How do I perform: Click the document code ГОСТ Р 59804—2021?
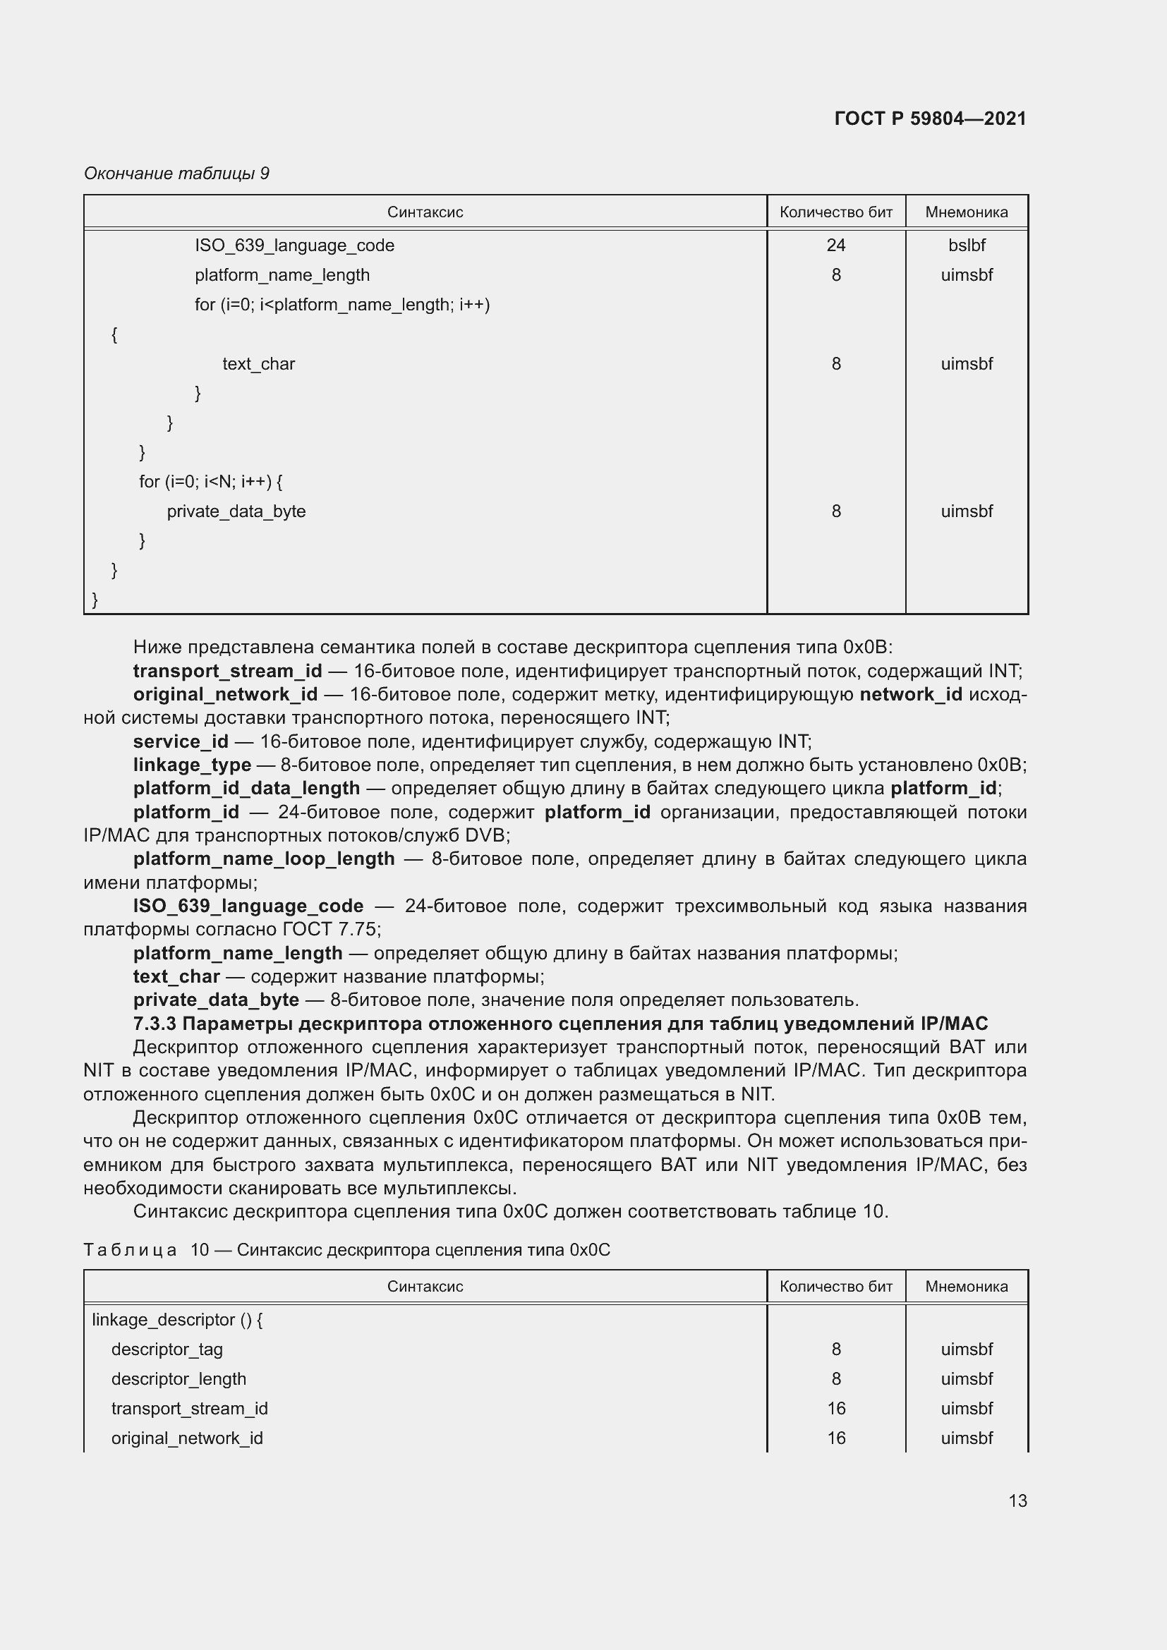pyautogui.click(x=930, y=119)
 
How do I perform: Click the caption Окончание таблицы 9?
pyautogui.click(x=177, y=174)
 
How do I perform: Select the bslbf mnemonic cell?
pyautogui.click(x=967, y=245)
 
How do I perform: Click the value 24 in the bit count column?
pyautogui.click(x=835, y=245)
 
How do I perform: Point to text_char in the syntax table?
pyautogui.click(x=259, y=363)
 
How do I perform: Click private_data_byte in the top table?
pyautogui.click(x=236, y=511)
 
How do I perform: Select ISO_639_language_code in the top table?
pyautogui.click(x=295, y=245)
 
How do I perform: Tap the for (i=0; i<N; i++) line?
pyautogui.click(x=210, y=482)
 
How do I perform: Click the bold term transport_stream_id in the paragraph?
pyautogui.click(x=227, y=671)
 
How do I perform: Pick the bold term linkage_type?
pyautogui.click(x=192, y=765)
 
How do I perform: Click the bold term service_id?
pyautogui.click(x=181, y=741)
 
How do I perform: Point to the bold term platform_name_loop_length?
pyautogui.click(x=264, y=859)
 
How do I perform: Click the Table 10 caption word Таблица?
pyautogui.click(x=130, y=1250)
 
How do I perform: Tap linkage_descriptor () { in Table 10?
pyautogui.click(x=178, y=1319)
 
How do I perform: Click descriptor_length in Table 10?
pyautogui.click(x=179, y=1378)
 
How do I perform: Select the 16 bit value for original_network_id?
pyautogui.click(x=835, y=1438)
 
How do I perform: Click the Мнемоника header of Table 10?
pyautogui.click(x=967, y=1287)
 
